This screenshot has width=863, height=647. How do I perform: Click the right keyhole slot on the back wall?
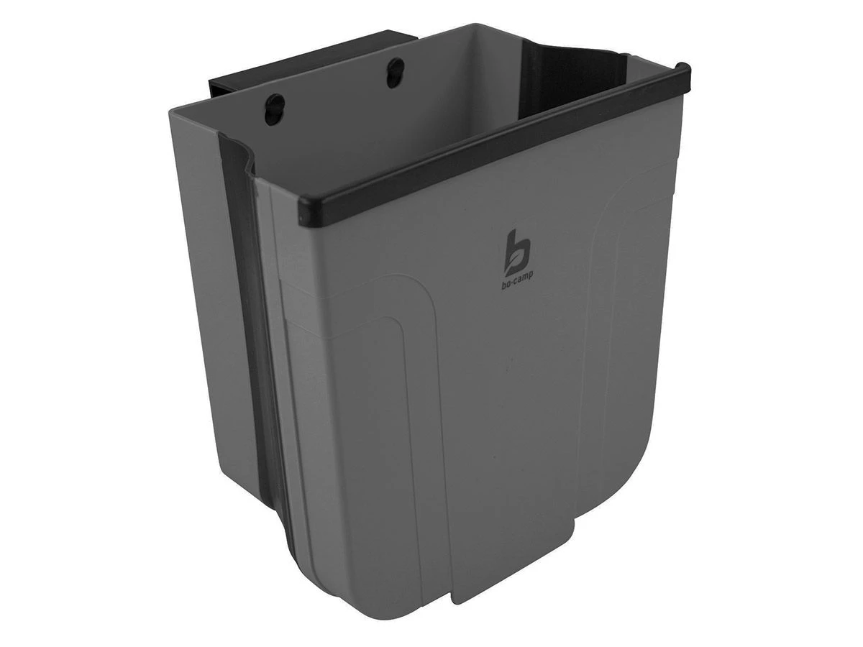[395, 73]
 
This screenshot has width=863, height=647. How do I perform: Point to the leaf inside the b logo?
[512, 266]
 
